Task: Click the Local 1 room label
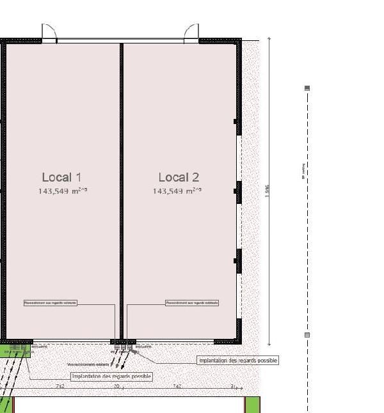(x=61, y=177)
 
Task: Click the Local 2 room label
(x=179, y=177)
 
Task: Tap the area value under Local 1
(x=62, y=191)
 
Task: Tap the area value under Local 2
(x=177, y=191)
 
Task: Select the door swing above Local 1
(x=49, y=33)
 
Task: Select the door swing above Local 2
(x=191, y=33)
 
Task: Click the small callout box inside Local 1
(x=50, y=302)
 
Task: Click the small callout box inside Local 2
(x=192, y=302)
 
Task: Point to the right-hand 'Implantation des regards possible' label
(x=238, y=361)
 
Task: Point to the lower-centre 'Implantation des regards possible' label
(x=111, y=377)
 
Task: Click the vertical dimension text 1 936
(x=268, y=190)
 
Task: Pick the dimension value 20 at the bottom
(x=116, y=386)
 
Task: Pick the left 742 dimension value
(x=60, y=386)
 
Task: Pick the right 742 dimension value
(x=177, y=386)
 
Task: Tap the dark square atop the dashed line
(x=307, y=88)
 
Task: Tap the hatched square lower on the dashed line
(x=307, y=334)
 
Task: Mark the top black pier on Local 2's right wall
(x=237, y=121)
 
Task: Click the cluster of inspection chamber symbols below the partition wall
(x=124, y=347)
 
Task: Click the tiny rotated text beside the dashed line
(x=302, y=171)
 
